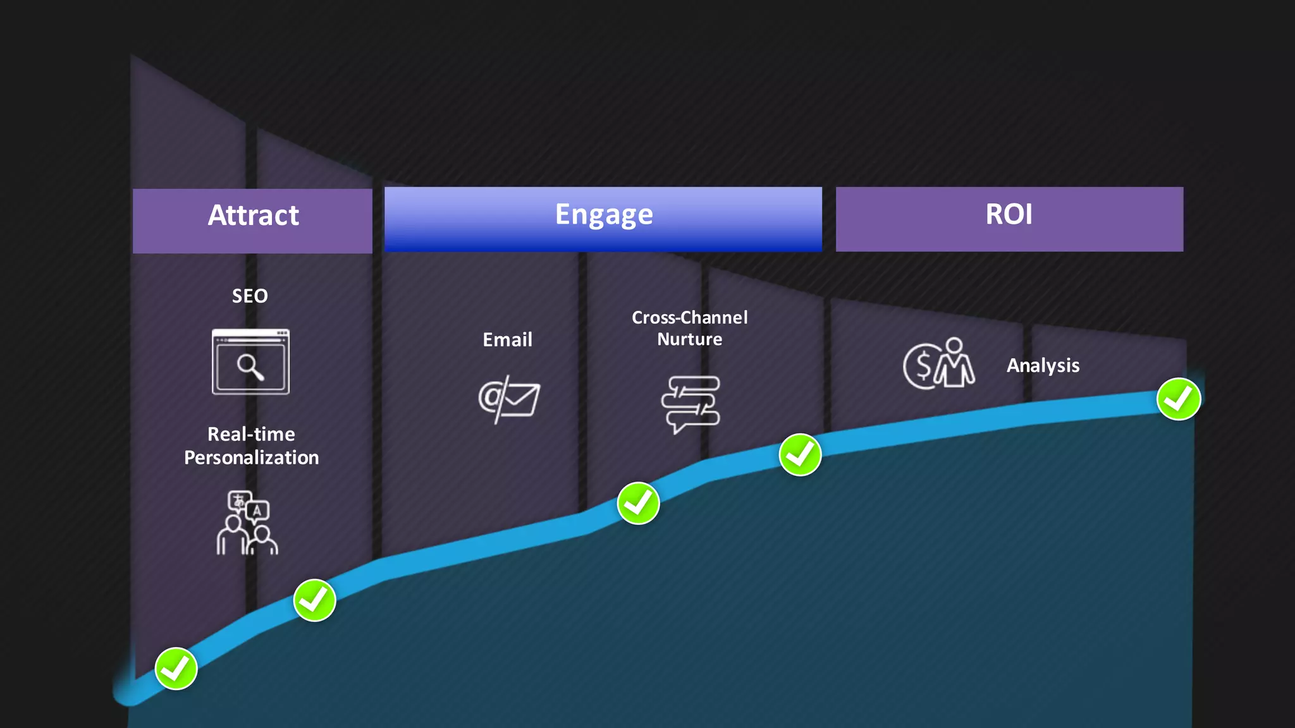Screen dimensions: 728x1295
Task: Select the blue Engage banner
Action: point(603,219)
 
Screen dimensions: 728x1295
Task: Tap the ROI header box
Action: point(1009,219)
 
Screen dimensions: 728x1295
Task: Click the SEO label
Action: point(250,296)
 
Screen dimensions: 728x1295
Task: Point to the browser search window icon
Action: point(250,362)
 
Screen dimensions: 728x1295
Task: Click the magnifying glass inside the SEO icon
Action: point(250,367)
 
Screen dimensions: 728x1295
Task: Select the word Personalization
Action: point(251,458)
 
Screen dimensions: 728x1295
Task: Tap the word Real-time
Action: point(251,434)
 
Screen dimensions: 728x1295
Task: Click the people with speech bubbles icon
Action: point(247,523)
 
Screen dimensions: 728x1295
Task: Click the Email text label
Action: point(507,340)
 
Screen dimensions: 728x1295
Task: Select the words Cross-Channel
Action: point(689,317)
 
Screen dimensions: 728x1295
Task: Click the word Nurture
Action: point(689,339)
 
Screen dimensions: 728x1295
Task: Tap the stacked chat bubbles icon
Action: point(690,403)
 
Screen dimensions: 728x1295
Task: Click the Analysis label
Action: point(1043,365)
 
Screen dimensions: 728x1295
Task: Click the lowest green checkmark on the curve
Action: point(176,669)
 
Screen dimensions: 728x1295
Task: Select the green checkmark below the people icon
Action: point(314,600)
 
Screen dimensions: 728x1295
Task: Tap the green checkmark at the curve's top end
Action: point(1178,399)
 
